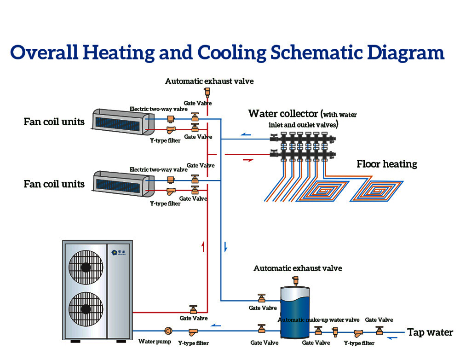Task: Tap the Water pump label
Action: tap(155, 342)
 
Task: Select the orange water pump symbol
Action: tap(168, 331)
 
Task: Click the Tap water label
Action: tap(430, 332)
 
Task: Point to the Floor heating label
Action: tap(387, 164)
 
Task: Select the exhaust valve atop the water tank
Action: tap(294, 280)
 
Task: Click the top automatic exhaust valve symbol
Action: tap(207, 92)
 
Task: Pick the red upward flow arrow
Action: tap(203, 247)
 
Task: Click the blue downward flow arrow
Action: tap(225, 247)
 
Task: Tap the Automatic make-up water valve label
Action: tap(319, 320)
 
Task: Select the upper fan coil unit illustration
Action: tap(121, 120)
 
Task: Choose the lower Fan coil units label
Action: tap(54, 184)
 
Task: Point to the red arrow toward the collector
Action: tap(248, 160)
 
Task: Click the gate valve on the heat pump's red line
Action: tap(193, 309)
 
